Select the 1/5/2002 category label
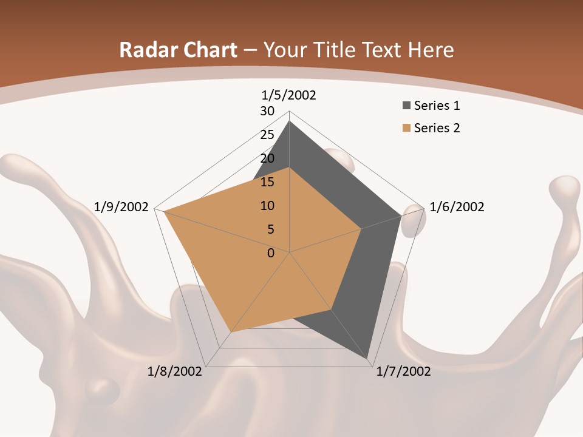click(x=289, y=95)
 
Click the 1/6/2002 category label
click(x=457, y=207)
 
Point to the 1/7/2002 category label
click(x=403, y=371)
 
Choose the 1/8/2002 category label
click(x=174, y=371)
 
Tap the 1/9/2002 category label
click(x=121, y=207)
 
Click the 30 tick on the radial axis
click(x=267, y=111)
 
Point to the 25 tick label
click(x=267, y=135)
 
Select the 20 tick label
click(x=267, y=158)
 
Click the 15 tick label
click(x=267, y=182)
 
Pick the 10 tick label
click(x=267, y=206)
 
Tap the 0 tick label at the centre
click(x=271, y=253)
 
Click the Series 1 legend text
click(x=437, y=106)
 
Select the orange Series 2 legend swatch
click(x=406, y=128)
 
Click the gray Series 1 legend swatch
click(x=406, y=106)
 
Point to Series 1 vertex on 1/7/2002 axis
click(x=369, y=359)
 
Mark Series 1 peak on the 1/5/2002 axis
click(x=289, y=121)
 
